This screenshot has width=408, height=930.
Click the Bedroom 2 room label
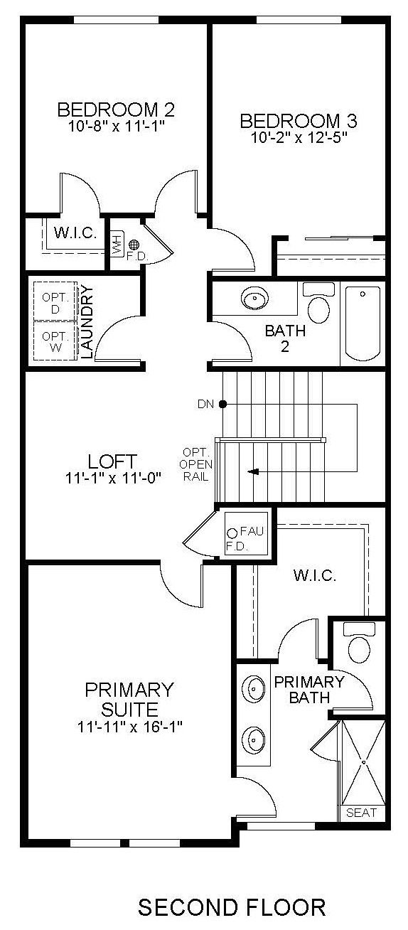click(116, 109)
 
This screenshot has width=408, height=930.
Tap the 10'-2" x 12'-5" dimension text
click(299, 137)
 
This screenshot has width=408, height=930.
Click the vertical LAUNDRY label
click(87, 321)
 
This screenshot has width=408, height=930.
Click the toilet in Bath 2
click(318, 306)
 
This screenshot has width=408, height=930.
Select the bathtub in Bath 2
click(362, 324)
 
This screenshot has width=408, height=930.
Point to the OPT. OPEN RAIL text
click(195, 464)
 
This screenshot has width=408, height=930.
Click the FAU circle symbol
click(232, 533)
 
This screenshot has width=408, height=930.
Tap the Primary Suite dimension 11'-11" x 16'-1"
click(128, 727)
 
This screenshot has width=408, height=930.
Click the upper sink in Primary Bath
click(253, 689)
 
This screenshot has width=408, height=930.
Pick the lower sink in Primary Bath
click(253, 738)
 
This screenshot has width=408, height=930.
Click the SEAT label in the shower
click(361, 813)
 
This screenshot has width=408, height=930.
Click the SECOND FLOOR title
click(232, 907)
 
